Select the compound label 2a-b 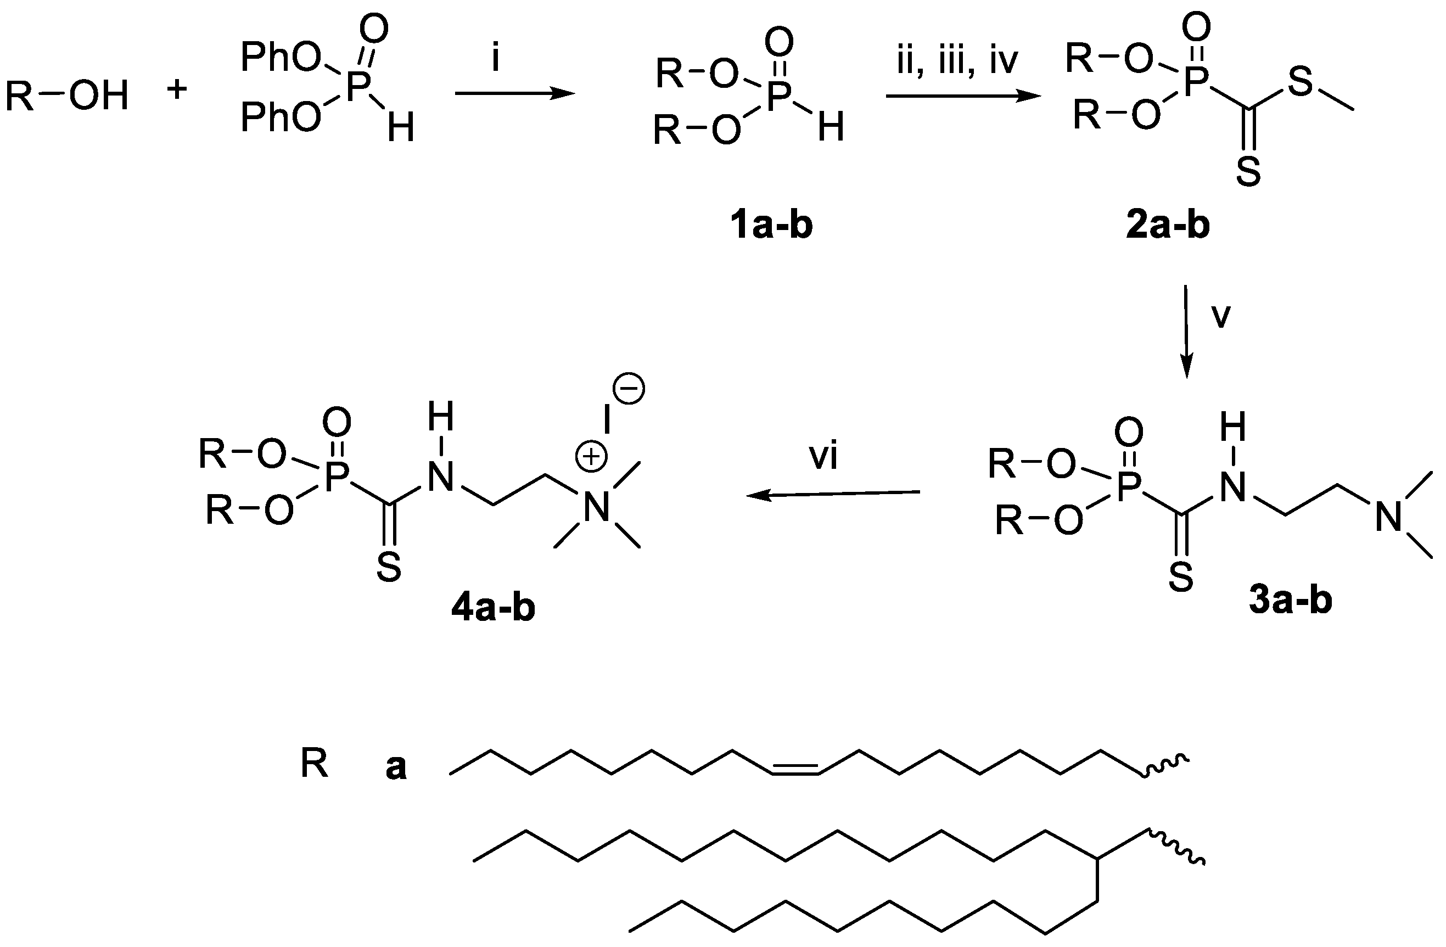1168,226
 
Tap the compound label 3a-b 1291,600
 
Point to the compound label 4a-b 494,608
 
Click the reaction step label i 496,59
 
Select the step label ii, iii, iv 957,63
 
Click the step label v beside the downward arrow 1220,316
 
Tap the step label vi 824,456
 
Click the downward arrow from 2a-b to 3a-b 1186,331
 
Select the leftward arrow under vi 833,495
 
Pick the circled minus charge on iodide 630,389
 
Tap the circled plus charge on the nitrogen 591,457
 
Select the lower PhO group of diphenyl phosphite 281,117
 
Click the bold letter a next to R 396,767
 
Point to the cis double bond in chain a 795,770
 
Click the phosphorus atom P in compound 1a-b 779,97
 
